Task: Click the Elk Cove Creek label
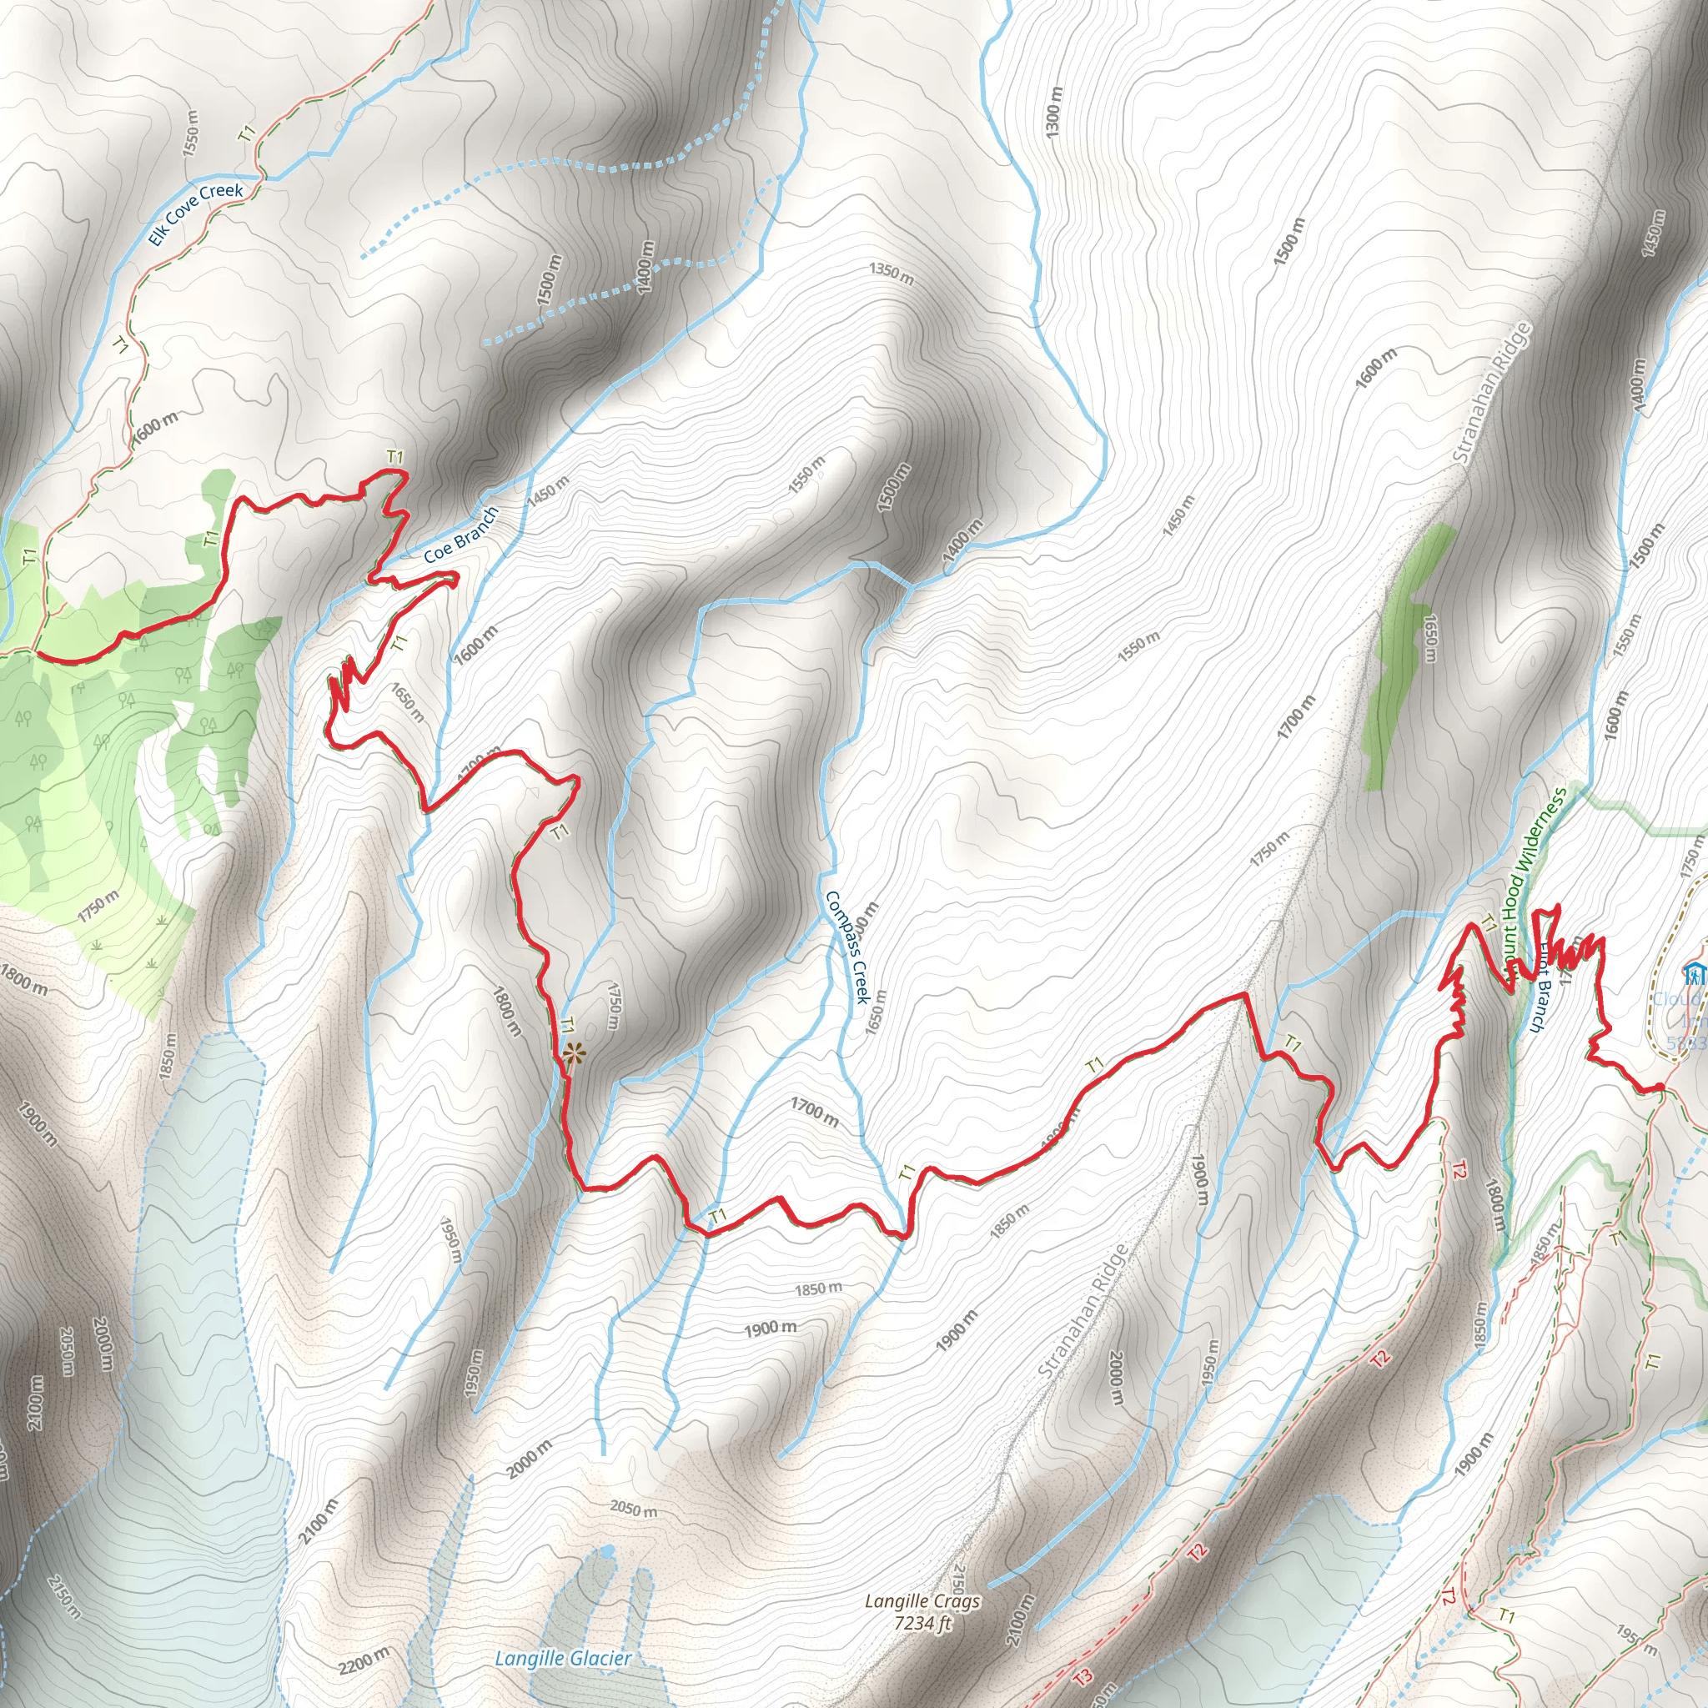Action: [x=195, y=214]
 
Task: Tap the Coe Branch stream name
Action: [x=460, y=535]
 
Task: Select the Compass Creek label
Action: [x=848, y=946]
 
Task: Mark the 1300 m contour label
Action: [x=1053, y=112]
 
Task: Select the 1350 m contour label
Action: [x=892, y=274]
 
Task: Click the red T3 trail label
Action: [x=1083, y=1676]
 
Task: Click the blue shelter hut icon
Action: [x=1694, y=973]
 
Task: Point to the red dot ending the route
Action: [x=1660, y=1088]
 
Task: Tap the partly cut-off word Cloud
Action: [x=1680, y=999]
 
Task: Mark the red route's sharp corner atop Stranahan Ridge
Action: [x=1246, y=995]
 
